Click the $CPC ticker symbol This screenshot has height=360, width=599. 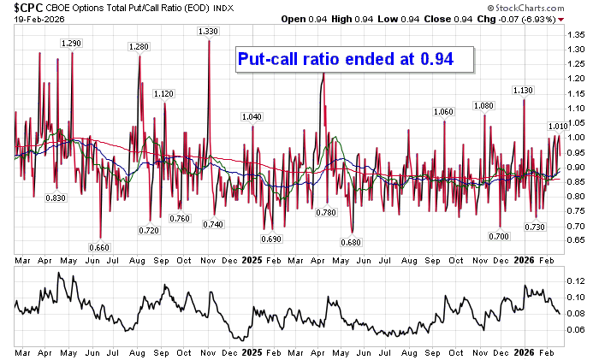19,7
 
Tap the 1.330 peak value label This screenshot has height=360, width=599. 209,32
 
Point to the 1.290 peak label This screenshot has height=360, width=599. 72,43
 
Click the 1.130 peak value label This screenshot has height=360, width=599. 523,90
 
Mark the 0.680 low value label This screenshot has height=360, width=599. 352,242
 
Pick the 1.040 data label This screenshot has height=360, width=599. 252,116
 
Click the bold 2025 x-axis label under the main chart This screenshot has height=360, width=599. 251,258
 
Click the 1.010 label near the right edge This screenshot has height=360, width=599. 557,126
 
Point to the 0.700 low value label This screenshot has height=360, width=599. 500,235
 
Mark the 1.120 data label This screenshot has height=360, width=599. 163,93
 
